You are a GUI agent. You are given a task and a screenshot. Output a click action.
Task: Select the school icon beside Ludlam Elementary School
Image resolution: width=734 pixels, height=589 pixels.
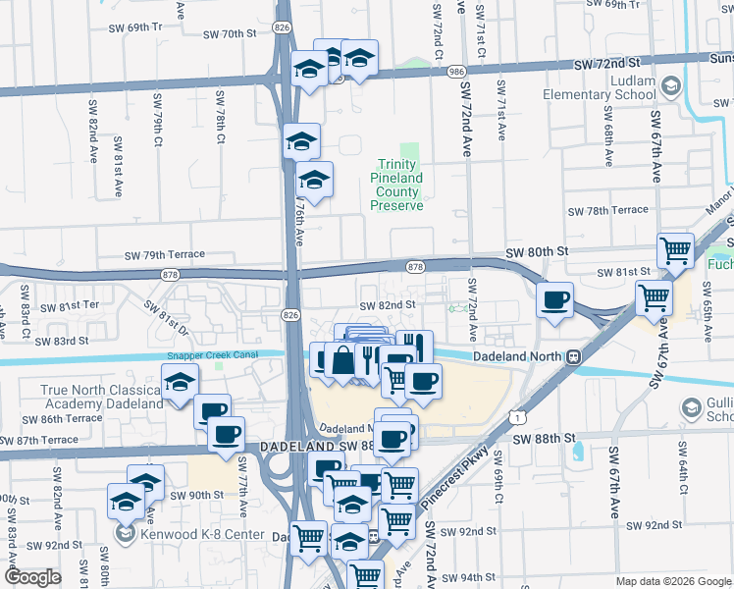(x=671, y=86)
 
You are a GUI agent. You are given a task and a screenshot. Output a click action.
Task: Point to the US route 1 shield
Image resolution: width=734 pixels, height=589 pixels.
(x=515, y=417)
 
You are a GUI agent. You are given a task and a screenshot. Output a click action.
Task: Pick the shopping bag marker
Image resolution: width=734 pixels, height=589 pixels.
(x=342, y=359)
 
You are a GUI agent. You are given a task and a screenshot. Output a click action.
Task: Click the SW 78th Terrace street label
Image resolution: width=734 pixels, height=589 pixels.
(x=608, y=210)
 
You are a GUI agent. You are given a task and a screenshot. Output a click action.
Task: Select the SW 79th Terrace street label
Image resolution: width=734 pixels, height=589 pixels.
(x=165, y=255)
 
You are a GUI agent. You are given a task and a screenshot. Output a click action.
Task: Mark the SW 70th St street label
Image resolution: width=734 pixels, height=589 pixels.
(x=229, y=34)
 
